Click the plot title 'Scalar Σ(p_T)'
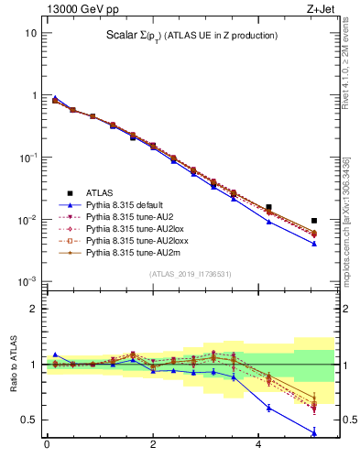point(191,35)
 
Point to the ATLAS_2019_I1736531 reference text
point(189,274)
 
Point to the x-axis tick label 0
point(47,445)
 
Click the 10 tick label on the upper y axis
point(30,33)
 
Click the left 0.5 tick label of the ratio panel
point(31,420)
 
